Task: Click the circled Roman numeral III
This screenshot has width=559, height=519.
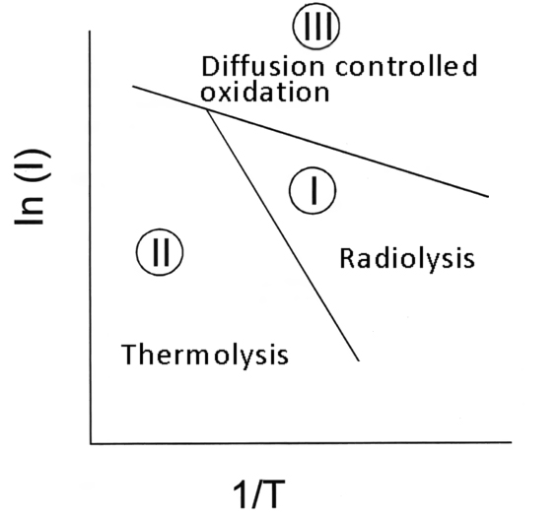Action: [x=316, y=26]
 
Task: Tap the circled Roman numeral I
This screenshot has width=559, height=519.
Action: [x=313, y=190]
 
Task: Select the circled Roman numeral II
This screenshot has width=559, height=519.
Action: [x=160, y=252]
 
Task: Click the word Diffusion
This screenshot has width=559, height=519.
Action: [x=263, y=66]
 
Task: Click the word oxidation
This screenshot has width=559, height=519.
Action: [x=264, y=93]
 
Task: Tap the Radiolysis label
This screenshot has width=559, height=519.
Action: [x=407, y=259]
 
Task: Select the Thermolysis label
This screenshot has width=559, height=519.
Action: [x=205, y=355]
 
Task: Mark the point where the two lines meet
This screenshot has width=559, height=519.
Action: [x=206, y=109]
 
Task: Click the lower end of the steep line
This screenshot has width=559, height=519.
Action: [x=359, y=360]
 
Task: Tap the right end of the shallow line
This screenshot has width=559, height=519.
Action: [x=488, y=196]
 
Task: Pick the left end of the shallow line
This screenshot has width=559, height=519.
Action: [x=133, y=87]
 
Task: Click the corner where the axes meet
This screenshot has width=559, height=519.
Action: [x=91, y=443]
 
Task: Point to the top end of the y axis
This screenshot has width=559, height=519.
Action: [x=90, y=32]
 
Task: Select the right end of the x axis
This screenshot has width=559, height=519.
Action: [x=512, y=442]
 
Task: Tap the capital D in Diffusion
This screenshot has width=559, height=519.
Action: [x=210, y=66]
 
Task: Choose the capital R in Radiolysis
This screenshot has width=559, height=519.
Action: [x=348, y=258]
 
